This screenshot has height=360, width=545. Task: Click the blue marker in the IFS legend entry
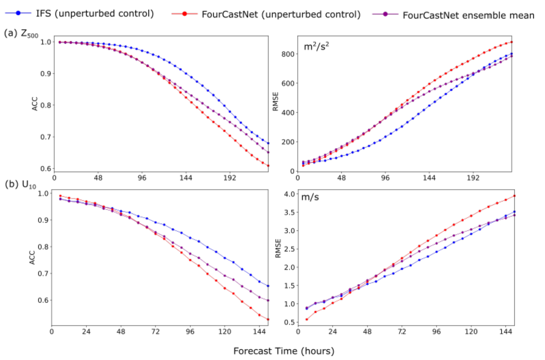coord(18,13)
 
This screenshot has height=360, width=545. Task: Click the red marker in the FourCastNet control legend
coord(184,14)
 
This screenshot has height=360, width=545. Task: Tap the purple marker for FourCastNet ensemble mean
coord(385,14)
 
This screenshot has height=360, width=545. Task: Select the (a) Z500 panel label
coord(21,33)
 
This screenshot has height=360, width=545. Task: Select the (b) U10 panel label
coord(20,185)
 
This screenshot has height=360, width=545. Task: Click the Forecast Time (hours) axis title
coord(284,351)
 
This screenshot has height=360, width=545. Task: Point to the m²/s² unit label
coord(316,47)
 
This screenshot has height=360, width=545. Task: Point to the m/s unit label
coord(310,197)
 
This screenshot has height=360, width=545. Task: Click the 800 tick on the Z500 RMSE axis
coord(288,54)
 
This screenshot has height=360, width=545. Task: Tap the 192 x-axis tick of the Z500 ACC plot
coord(229,178)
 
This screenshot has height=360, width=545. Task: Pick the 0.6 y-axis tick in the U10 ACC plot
coord(43,300)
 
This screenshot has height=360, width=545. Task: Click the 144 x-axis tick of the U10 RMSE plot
coord(506,332)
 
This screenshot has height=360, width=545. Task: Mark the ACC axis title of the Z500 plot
coord(35,104)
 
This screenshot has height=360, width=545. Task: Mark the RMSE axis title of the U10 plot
coord(278,248)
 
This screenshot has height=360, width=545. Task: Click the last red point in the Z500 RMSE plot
coord(512,42)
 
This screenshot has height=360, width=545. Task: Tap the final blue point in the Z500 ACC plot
coord(268,143)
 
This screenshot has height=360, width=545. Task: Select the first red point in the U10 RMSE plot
coord(307,320)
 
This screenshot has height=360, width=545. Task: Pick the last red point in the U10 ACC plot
coord(268,320)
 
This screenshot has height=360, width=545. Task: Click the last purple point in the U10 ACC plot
coord(268,301)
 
